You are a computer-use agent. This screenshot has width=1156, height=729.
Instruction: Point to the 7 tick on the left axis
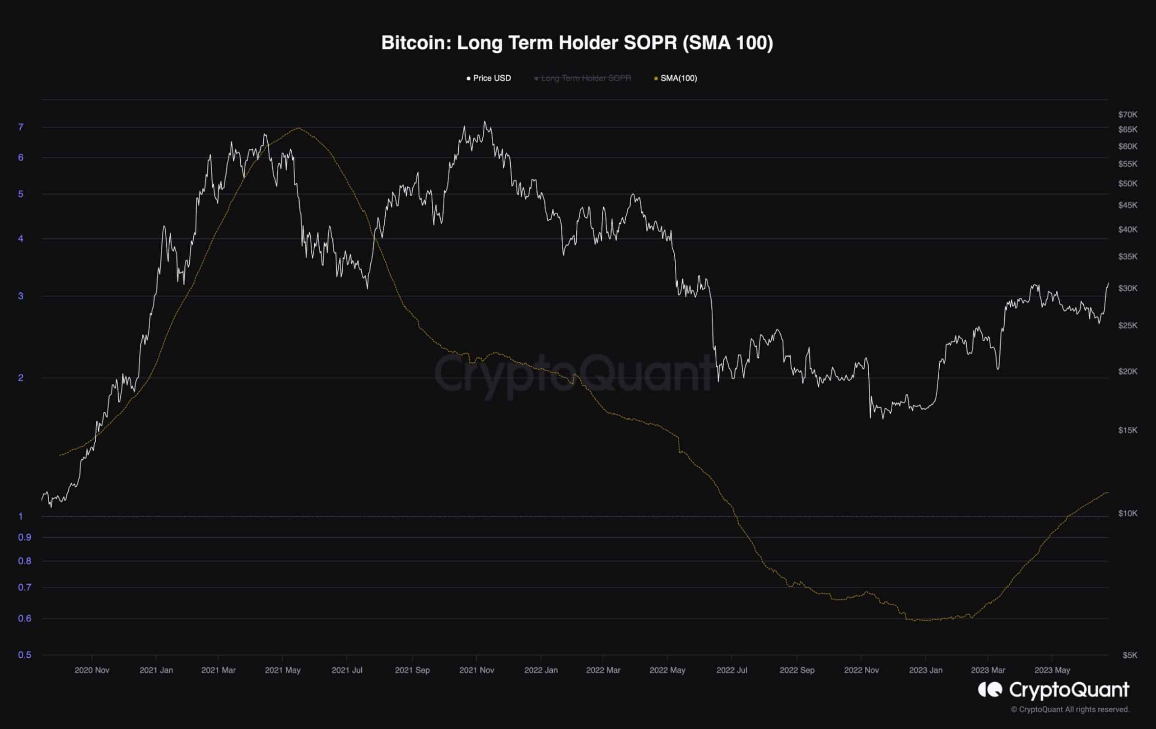[x=21, y=127]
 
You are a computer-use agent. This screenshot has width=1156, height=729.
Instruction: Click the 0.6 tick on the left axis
[x=24, y=618]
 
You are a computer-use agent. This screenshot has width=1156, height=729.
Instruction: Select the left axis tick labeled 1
[x=21, y=516]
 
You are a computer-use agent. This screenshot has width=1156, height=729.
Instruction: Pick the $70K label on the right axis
[x=1127, y=114]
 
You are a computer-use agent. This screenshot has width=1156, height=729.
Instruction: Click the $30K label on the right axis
[x=1127, y=288]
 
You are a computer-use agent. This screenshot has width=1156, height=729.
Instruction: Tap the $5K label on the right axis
[x=1130, y=655]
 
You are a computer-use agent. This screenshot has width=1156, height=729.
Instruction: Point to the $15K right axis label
[x=1127, y=430]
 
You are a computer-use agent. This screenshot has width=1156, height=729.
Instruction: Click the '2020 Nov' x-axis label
[x=92, y=670]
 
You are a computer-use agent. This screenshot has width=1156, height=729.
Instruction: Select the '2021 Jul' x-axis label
[x=347, y=670]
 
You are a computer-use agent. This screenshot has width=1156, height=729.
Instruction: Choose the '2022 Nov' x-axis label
[x=861, y=670]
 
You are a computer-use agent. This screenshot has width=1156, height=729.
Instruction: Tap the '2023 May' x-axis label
[x=1052, y=670]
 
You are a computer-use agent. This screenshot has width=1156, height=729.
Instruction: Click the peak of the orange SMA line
[x=298, y=128]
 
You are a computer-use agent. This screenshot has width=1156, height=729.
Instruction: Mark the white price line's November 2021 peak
[x=485, y=122]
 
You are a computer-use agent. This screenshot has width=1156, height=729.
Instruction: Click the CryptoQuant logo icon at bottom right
[x=990, y=690]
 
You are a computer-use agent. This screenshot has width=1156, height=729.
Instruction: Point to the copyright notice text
[x=1070, y=709]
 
